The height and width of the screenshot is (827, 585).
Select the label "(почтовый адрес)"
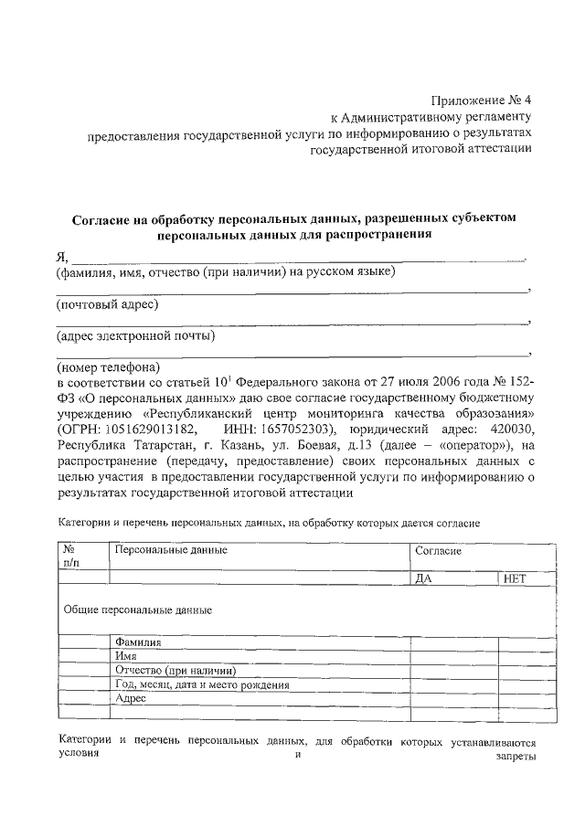tap(107, 303)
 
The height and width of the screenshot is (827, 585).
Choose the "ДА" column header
tap(423, 578)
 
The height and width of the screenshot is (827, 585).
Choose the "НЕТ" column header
tap(516, 578)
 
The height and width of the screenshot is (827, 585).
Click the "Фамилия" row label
tap(138, 642)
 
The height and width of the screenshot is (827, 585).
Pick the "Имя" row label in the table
tap(126, 656)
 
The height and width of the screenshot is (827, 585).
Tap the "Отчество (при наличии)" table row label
tap(170, 671)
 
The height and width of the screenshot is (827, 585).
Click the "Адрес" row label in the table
tap(132, 698)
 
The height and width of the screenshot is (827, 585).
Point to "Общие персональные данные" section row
tap(138, 609)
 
